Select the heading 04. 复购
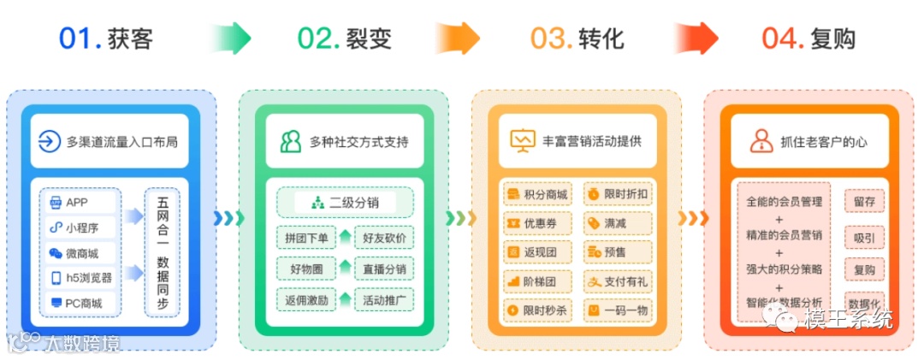pyautogui.click(x=808, y=38)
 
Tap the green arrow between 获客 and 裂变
pyautogui.click(x=230, y=38)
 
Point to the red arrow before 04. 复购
pyautogui.click(x=695, y=38)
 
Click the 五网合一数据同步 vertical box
pyautogui.click(x=163, y=252)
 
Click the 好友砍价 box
pyautogui.click(x=384, y=237)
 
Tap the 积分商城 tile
pyautogui.click(x=536, y=194)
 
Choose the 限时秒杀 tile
pyautogui.click(x=536, y=310)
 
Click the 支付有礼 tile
pyautogui.click(x=618, y=280)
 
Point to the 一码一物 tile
pyautogui.click(x=618, y=310)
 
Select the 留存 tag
pyautogui.click(x=864, y=202)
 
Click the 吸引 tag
pyautogui.click(x=864, y=237)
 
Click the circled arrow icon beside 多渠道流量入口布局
pyautogui.click(x=50, y=141)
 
